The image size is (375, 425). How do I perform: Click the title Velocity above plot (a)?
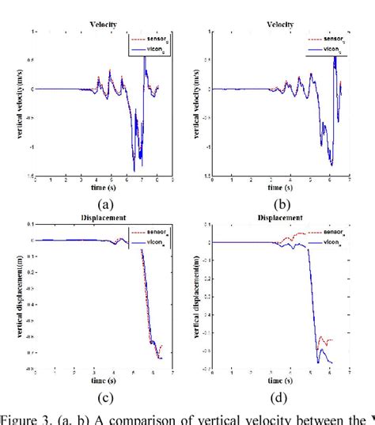pos(104,25)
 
